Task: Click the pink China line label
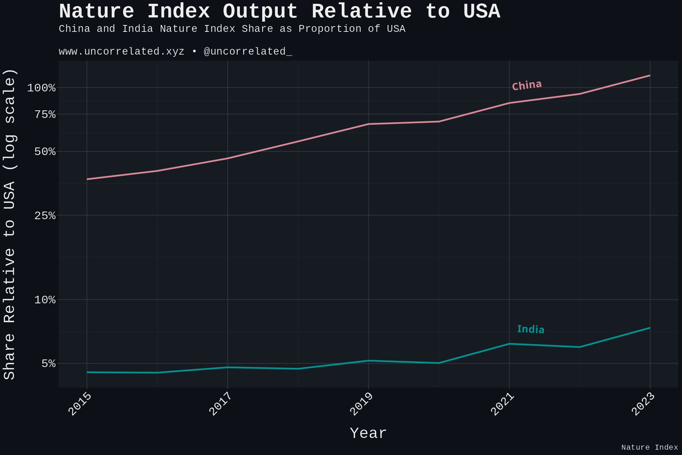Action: (527, 85)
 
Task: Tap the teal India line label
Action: (530, 329)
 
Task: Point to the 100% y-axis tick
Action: (41, 88)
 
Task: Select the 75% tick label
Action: (45, 115)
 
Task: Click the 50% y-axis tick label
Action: (45, 152)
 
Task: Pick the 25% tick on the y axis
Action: (45, 216)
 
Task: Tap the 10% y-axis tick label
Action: (45, 300)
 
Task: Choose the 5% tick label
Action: (49, 364)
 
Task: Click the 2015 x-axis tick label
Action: (80, 404)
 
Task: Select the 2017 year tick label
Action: (221, 404)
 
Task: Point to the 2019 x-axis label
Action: (361, 404)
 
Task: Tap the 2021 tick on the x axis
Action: (502, 404)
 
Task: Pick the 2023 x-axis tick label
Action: (643, 404)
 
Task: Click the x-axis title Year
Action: (368, 433)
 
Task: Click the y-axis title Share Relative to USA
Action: (9, 224)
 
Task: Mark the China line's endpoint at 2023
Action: (650, 75)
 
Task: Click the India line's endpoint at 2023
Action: (650, 328)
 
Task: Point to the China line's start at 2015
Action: (87, 179)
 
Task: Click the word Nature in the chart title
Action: (96, 11)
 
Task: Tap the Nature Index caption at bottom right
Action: (649, 447)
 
